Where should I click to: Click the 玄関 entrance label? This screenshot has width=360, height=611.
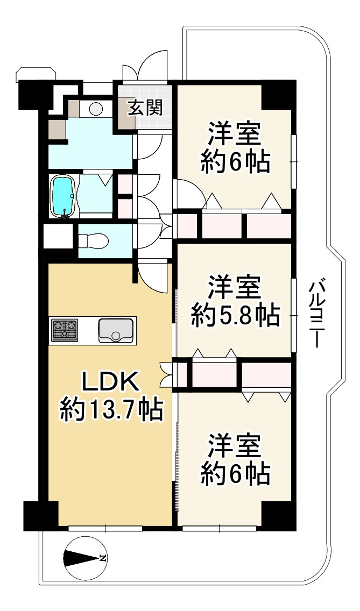pos(145,109)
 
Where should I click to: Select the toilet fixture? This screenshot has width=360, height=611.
pos(93,240)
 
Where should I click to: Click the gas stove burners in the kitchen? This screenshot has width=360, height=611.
pos(65,330)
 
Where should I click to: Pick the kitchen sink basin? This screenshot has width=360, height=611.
pos(116,330)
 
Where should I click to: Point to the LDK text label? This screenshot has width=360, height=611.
pos(110,382)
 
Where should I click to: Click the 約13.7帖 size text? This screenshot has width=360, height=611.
pos(111,409)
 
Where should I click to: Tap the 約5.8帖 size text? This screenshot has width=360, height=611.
pos(235,315)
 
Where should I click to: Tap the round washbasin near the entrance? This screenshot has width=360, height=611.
pos(96,109)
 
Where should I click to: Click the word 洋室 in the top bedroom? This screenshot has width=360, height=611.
pos(235,134)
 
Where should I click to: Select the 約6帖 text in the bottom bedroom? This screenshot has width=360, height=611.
pos(235,473)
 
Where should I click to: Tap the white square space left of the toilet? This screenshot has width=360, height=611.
pos(59,236)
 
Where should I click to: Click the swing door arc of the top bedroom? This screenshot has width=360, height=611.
pos(189,193)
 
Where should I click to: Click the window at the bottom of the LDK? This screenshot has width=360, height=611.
pos(105,528)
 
